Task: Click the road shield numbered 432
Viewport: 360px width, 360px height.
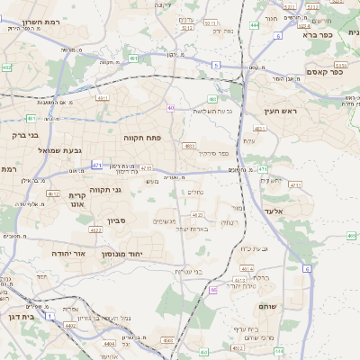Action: [7, 67]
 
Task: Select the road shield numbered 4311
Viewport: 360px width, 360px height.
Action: [102, 97]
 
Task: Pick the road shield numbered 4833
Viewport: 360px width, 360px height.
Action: [189, 145]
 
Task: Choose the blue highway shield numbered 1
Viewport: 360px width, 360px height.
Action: [49, 315]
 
